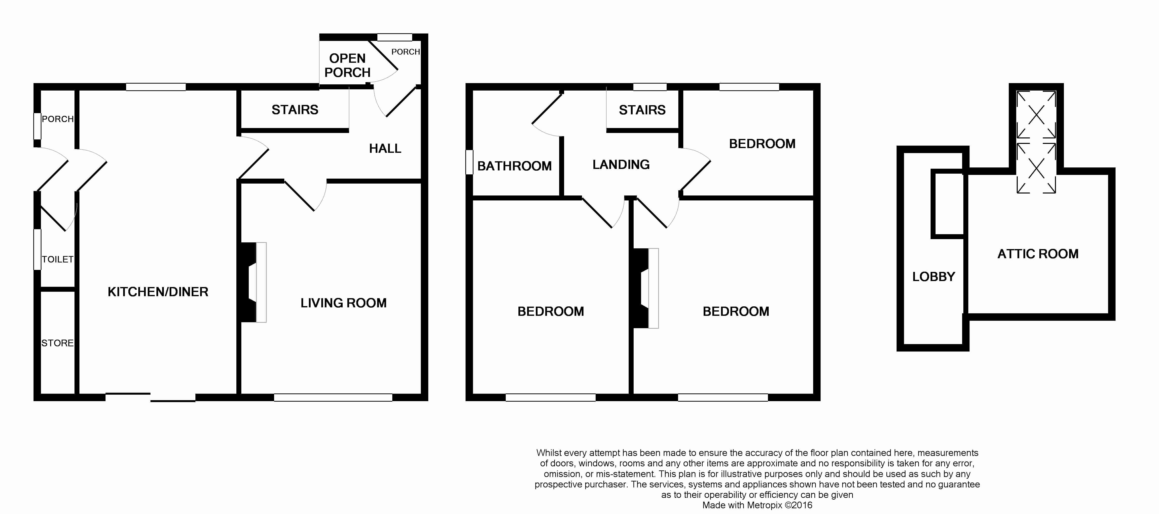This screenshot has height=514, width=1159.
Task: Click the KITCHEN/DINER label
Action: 158,292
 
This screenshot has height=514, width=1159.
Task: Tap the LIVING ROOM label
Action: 343,303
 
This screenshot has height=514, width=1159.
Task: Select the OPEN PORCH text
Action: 347,65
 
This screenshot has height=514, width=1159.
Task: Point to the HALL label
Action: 385,148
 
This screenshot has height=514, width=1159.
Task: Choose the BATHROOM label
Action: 514,166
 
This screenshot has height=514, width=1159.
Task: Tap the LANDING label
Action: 621,164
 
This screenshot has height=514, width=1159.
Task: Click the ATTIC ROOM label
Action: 1038,254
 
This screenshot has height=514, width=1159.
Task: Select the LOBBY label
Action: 934,277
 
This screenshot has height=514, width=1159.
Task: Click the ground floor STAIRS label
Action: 295,110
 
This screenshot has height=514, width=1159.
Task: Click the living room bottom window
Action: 333,397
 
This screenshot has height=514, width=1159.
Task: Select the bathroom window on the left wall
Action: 469,162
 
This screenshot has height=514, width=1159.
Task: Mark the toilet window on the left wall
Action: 37,250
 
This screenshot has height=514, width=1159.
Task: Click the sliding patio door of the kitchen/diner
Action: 150,397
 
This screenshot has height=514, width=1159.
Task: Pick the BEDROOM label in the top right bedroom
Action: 762,144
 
